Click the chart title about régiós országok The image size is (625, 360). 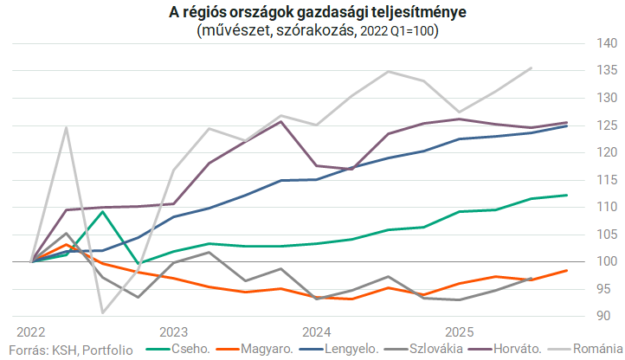(x=312, y=13)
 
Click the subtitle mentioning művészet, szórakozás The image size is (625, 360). (x=312, y=31)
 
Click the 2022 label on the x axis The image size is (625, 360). (x=32, y=332)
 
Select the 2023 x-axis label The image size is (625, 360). (x=174, y=332)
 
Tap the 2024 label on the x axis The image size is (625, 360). (x=317, y=332)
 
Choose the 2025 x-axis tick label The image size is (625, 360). (x=459, y=332)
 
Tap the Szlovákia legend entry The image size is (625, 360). (x=457, y=350)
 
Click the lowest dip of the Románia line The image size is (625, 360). (x=103, y=312)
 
